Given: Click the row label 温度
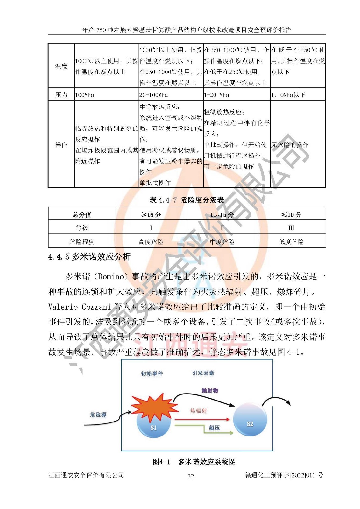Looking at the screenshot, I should tap(61, 66).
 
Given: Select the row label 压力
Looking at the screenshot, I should tap(61, 95).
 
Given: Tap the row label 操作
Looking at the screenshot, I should tap(61, 145).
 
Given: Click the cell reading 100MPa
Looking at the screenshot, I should tap(85, 95).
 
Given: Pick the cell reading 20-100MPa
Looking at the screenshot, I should tap(153, 95).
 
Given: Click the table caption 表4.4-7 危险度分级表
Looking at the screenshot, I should tap(187, 200).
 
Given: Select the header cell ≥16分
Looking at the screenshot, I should tap(151, 214).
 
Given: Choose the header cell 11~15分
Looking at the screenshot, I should tap(222, 214).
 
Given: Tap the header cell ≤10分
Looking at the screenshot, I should tap(291, 214).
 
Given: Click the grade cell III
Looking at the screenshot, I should tap(291, 228).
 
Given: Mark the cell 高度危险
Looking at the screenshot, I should tap(151, 242).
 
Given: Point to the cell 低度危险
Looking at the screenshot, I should tap(291, 242).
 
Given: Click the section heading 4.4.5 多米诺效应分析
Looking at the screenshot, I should tap(89, 257).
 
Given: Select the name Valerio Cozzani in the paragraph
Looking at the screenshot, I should tap(79, 307).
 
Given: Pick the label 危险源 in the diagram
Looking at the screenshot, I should tap(98, 415).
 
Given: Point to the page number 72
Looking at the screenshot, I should tap(191, 476).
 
